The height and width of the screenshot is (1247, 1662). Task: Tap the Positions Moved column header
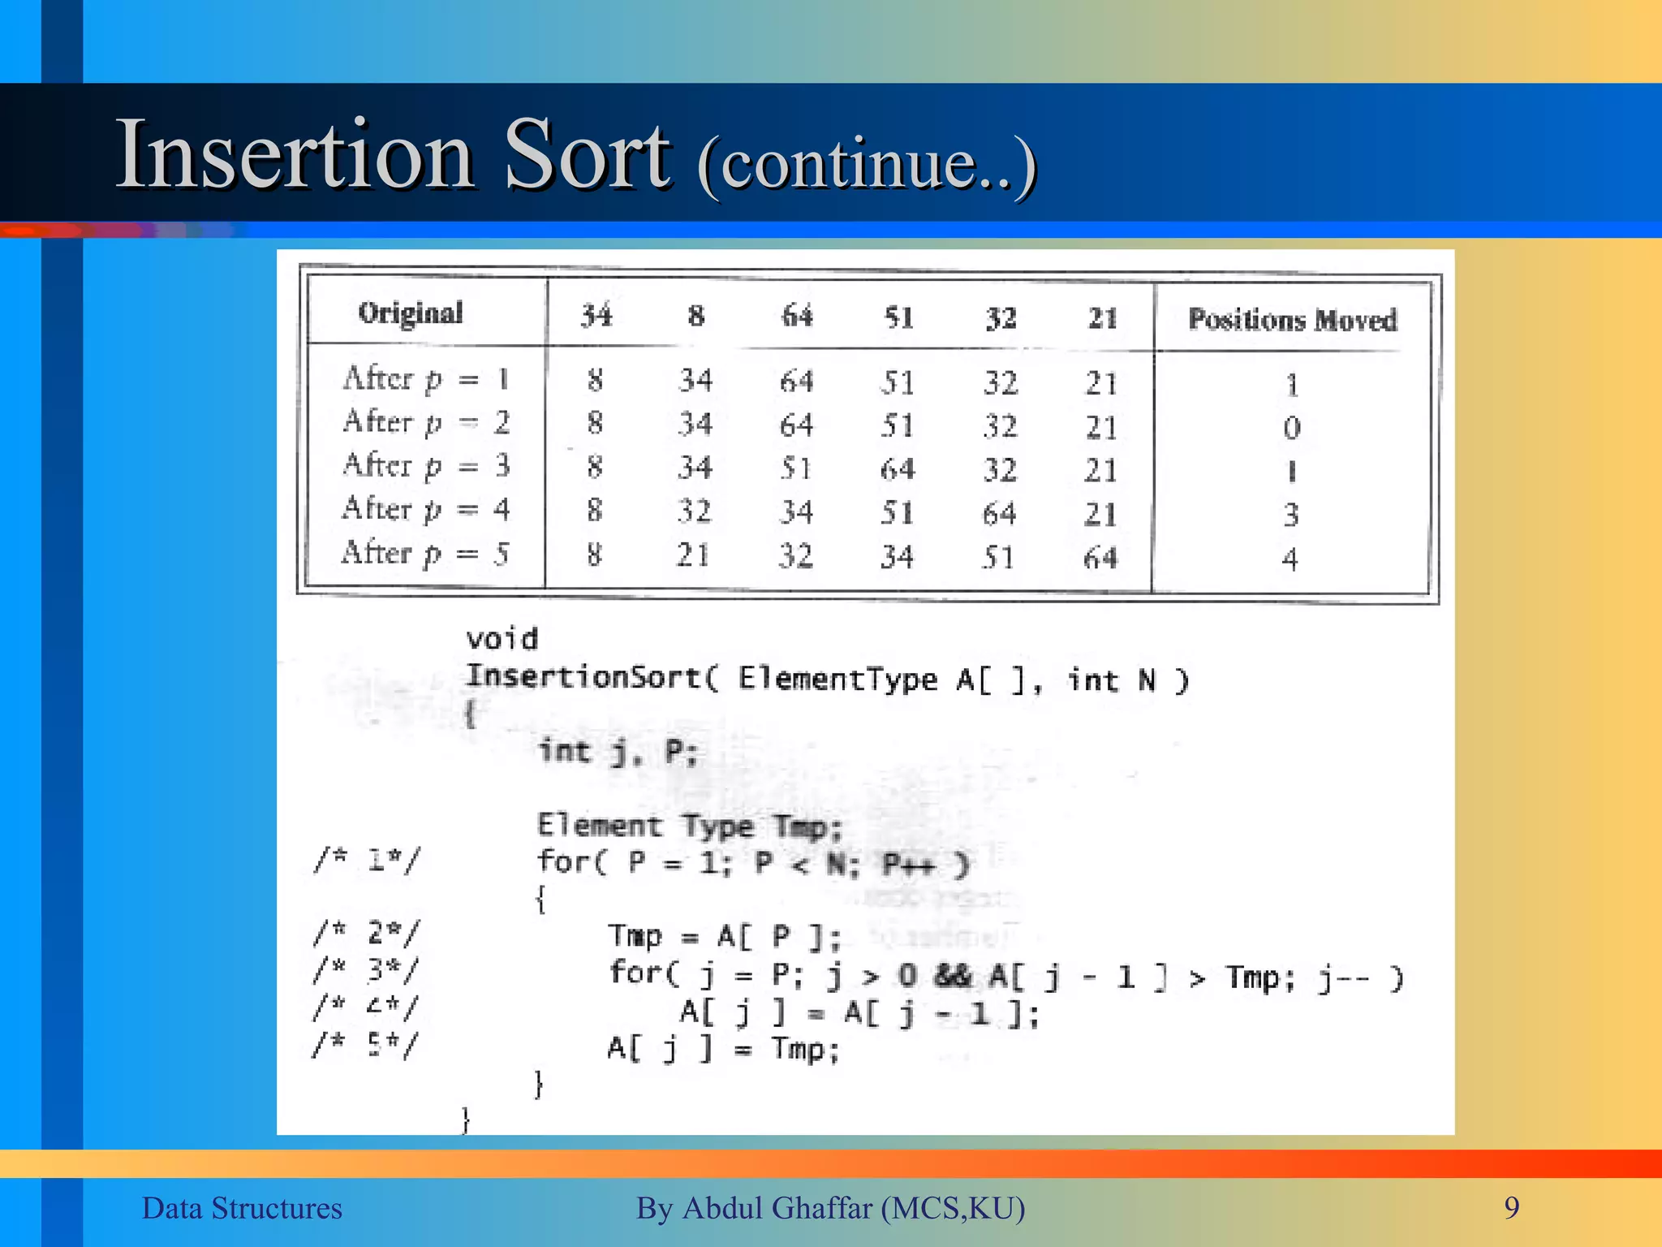click(1292, 320)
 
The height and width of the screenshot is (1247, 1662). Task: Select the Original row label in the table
click(411, 313)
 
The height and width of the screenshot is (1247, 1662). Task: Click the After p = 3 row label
click(426, 466)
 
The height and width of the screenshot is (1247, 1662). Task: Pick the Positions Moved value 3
click(1291, 515)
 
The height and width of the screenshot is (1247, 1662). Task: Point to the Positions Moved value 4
click(1290, 559)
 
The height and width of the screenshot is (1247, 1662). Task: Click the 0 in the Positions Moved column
click(1292, 428)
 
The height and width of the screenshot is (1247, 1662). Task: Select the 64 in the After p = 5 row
click(1100, 558)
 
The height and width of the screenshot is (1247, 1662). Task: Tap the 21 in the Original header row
click(1103, 317)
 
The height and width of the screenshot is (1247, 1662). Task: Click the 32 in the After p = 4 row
click(695, 511)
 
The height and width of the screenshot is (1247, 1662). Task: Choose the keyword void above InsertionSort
click(502, 639)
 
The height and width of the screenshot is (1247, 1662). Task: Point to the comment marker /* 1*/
click(368, 860)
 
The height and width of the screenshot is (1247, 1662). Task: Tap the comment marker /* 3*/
click(368, 969)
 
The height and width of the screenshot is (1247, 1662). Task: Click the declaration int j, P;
click(618, 752)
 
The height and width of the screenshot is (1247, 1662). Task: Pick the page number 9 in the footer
click(1511, 1208)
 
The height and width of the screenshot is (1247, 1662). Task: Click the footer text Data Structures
click(242, 1208)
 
